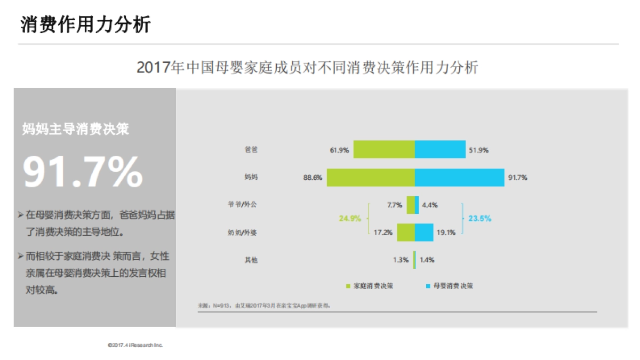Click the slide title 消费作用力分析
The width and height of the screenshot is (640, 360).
click(85, 25)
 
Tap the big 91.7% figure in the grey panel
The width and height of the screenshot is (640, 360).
click(83, 172)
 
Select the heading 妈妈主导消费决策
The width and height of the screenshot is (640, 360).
click(75, 129)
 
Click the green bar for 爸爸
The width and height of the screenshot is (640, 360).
click(384, 149)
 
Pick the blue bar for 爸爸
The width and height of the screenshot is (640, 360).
click(440, 149)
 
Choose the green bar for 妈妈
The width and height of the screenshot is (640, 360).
click(371, 178)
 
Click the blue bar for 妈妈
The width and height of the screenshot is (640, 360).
click(459, 178)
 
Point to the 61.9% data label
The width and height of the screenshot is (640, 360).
click(339, 150)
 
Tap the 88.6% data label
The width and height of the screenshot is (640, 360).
click(313, 178)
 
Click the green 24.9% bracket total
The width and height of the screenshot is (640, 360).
click(350, 218)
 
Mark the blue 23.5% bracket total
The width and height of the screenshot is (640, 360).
click(479, 218)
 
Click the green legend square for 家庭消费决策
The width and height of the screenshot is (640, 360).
click(348, 286)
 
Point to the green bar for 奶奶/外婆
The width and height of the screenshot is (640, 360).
click(405, 232)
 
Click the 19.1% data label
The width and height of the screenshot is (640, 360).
click(445, 233)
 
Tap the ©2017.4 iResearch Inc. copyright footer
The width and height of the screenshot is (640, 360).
click(135, 346)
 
